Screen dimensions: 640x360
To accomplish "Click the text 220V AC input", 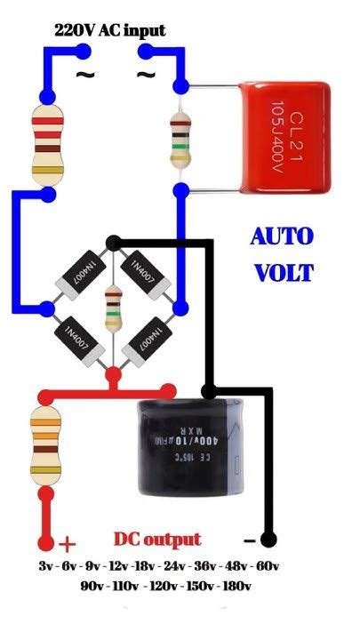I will (x=109, y=30).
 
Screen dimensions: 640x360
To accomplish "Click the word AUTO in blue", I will (x=282, y=237).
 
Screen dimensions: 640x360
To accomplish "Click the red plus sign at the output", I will (x=68, y=544).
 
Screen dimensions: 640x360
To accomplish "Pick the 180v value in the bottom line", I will (x=236, y=586).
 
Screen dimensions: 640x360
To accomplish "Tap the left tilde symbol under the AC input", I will (x=85, y=75).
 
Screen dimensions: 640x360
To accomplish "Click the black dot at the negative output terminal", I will (x=269, y=539).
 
